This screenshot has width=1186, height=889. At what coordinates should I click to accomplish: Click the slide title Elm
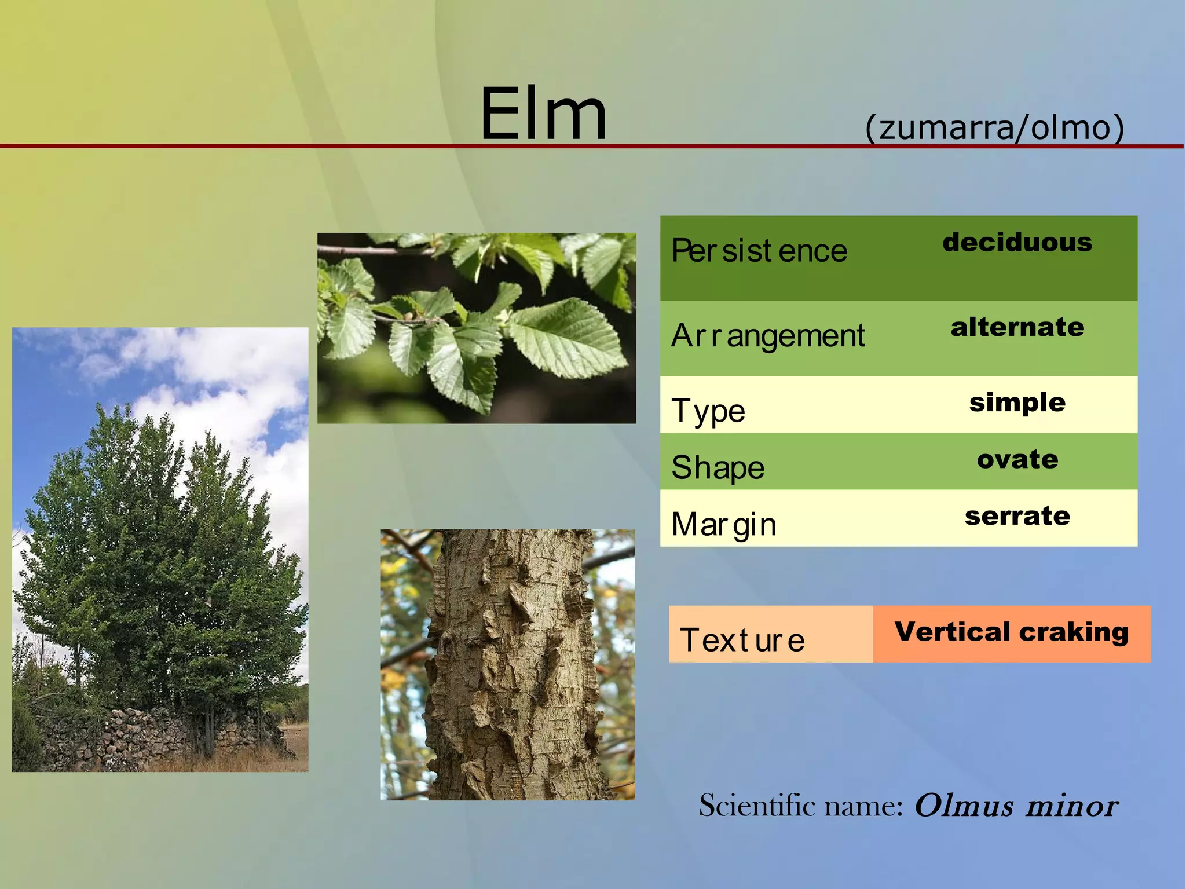[x=543, y=114]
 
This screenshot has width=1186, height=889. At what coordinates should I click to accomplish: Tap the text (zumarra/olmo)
[x=994, y=127]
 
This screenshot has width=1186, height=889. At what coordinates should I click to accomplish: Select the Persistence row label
[x=759, y=251]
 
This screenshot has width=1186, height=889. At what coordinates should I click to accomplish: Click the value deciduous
[x=1017, y=242]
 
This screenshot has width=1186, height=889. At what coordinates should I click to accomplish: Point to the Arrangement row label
[x=767, y=335]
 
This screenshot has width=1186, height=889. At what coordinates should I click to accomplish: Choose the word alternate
[x=1017, y=327]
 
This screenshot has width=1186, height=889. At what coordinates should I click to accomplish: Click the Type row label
[x=708, y=411]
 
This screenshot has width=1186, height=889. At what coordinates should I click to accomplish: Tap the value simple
[x=1017, y=402]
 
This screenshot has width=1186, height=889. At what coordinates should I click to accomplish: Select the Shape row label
[x=718, y=467]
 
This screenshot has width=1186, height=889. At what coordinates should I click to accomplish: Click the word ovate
[x=1017, y=459]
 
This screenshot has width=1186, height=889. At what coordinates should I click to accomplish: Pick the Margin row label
[x=723, y=524]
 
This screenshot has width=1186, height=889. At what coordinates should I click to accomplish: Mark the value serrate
[x=1017, y=515]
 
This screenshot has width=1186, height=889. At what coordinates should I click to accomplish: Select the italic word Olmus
[x=964, y=805]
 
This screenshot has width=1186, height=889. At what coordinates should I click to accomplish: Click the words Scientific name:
[x=801, y=805]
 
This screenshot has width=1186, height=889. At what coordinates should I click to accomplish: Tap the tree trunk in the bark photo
[x=510, y=666]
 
